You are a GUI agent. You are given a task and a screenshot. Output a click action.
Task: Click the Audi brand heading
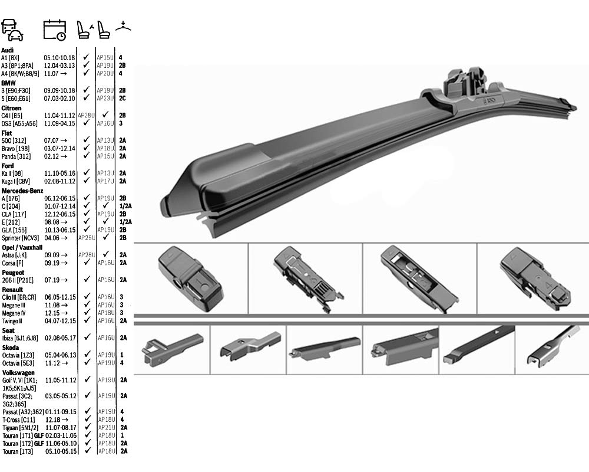tap(8, 50)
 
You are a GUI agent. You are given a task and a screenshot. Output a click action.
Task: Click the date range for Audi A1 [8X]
tap(59, 58)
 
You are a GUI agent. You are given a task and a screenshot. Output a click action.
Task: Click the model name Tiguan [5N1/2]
tap(21, 427)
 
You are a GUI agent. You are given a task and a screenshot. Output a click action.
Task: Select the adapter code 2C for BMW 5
tap(123, 99)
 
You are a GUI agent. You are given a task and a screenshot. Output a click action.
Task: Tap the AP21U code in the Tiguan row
tap(106, 427)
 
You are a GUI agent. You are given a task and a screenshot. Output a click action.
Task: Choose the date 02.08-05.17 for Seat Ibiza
tap(60, 337)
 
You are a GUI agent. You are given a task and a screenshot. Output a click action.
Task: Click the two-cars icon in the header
tap(12, 29)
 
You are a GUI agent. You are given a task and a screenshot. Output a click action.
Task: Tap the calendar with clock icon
tap(55, 30)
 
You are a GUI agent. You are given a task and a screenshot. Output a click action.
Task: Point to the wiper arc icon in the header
tap(123, 26)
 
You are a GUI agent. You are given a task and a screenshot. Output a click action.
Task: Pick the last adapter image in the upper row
tap(534, 278)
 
